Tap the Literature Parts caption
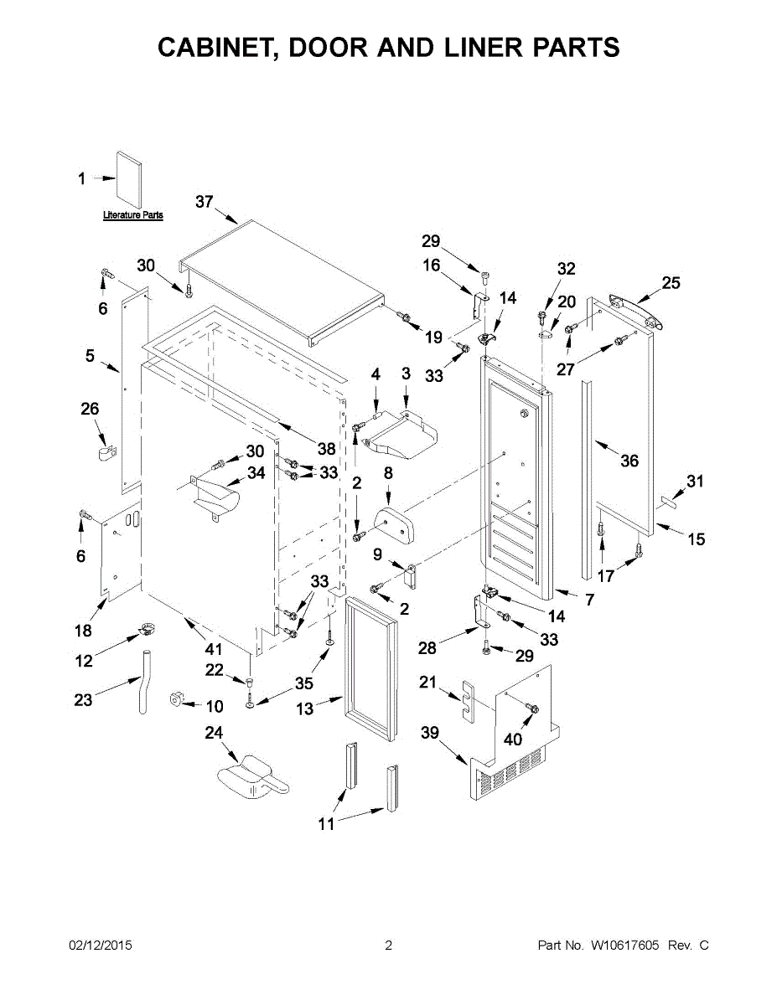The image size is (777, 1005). tap(132, 216)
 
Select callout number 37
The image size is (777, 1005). tap(205, 201)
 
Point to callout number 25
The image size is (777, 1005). tap(671, 283)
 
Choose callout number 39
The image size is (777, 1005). tap(430, 734)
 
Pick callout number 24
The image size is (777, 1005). tap(214, 733)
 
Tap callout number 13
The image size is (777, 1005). tap(304, 709)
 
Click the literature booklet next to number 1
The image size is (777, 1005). tap(129, 179)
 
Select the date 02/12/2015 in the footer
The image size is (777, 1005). tap(101, 946)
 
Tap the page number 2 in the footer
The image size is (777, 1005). tap(388, 946)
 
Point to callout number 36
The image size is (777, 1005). tap(629, 461)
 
